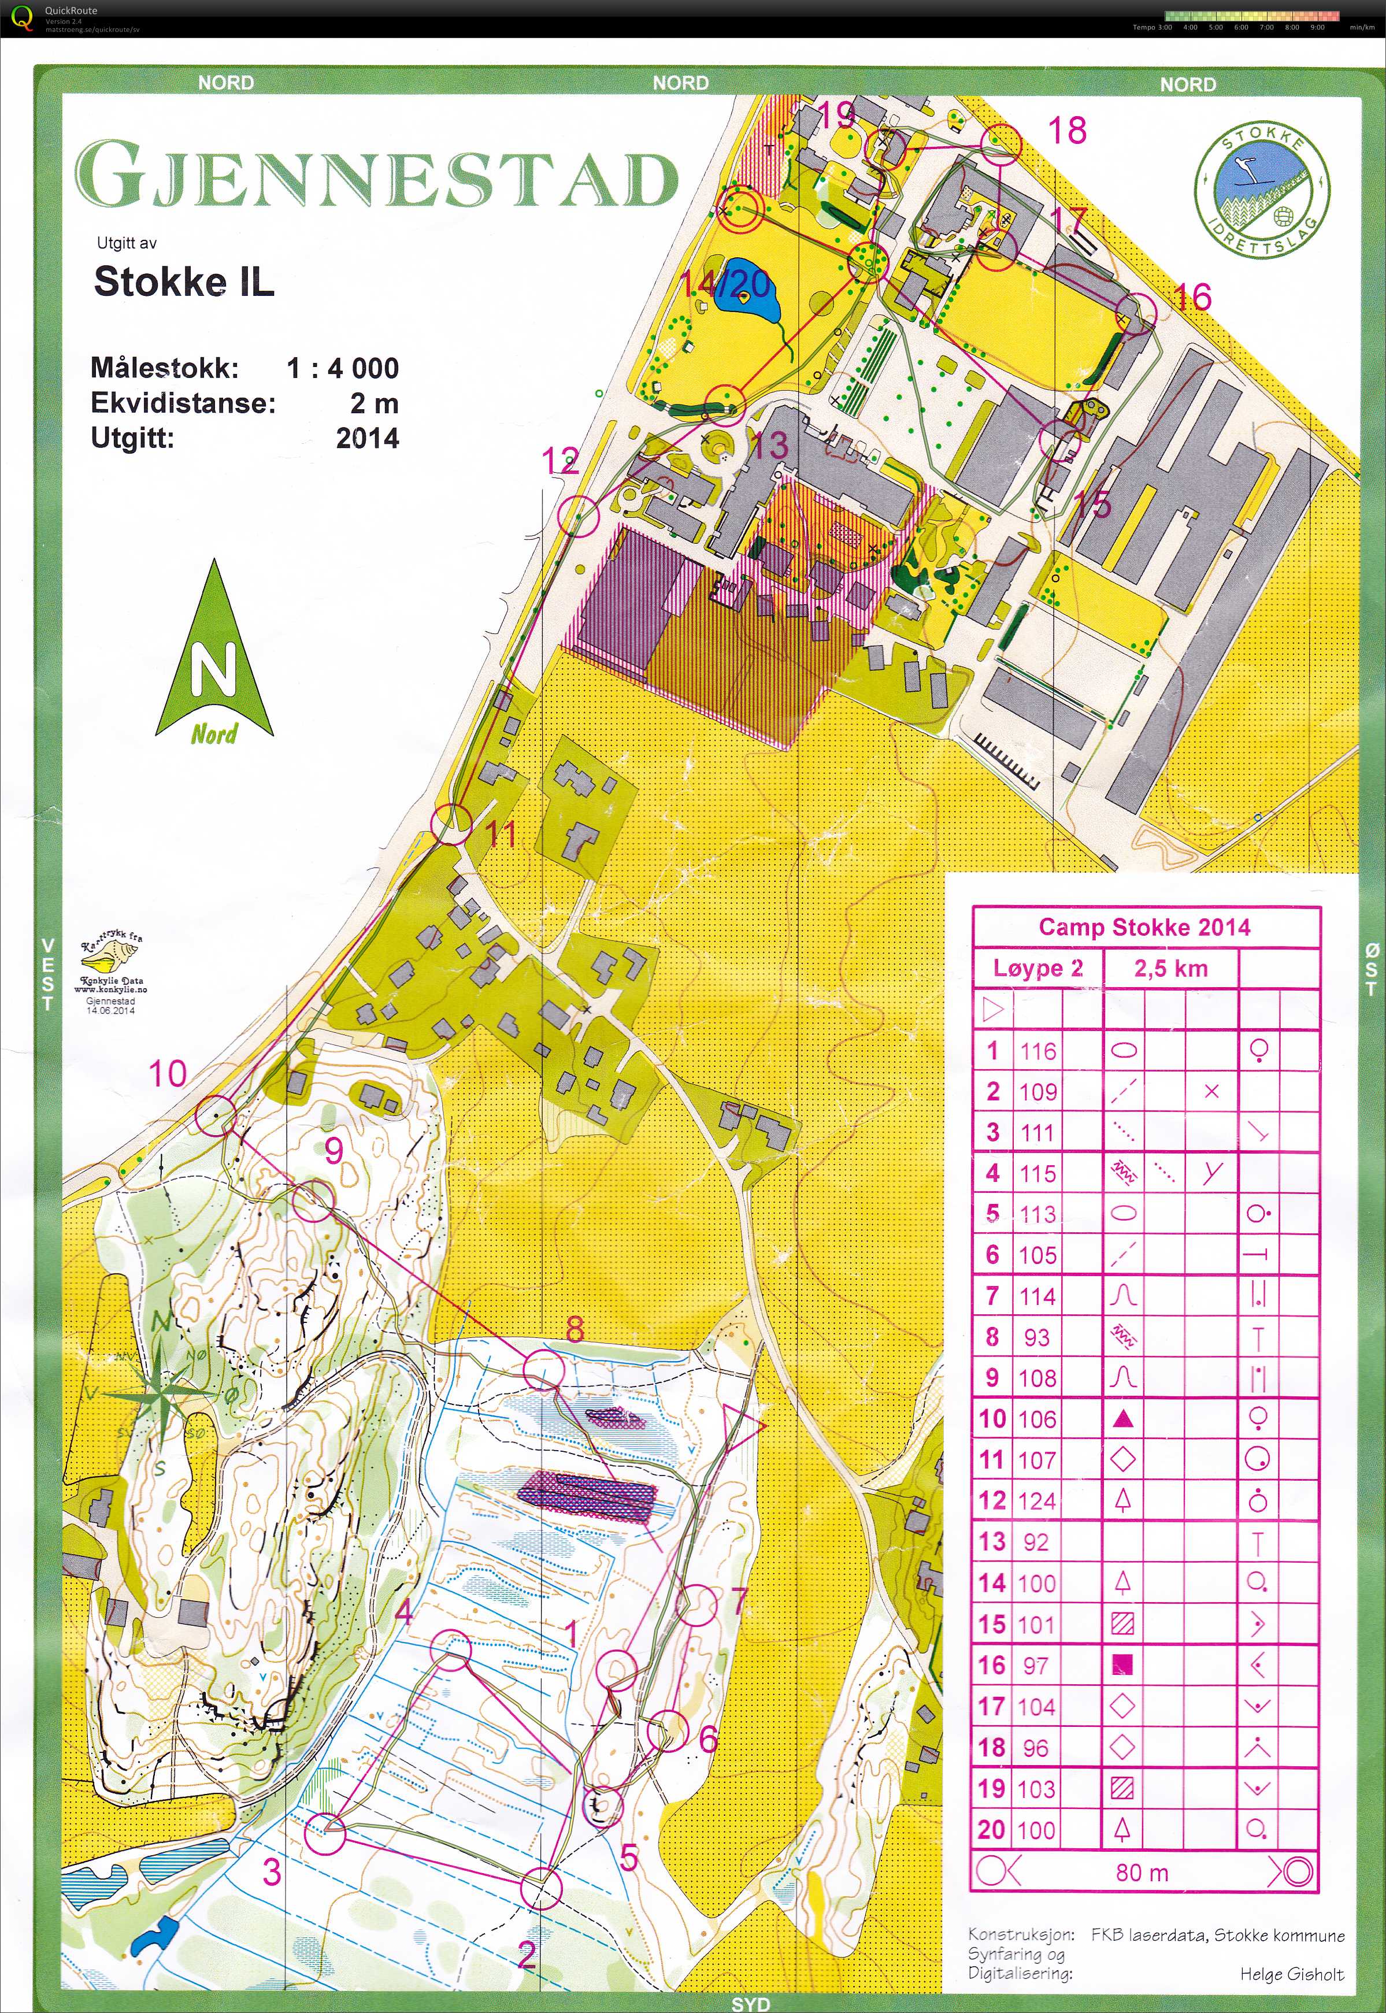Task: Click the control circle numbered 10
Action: pos(216,1114)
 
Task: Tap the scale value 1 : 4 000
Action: pos(343,368)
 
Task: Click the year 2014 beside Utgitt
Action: pos(368,438)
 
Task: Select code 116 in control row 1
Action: pos(1037,1051)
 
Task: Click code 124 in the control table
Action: pos(1037,1500)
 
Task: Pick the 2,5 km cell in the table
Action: pos(1170,968)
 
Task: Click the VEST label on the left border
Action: pos(48,974)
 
